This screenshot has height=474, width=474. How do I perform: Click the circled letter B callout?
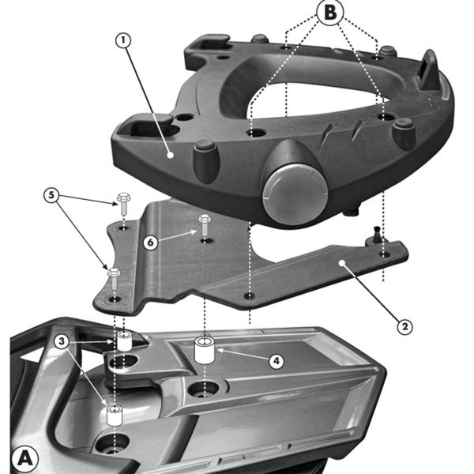330,12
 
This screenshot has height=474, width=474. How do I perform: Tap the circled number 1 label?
123,40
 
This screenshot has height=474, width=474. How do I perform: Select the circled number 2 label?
404,326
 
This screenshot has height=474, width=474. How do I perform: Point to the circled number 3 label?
62,341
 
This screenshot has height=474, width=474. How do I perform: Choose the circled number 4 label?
276,361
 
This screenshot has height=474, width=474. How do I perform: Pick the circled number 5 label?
51,195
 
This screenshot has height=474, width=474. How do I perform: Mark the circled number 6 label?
151,243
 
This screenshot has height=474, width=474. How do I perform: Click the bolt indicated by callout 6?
204,224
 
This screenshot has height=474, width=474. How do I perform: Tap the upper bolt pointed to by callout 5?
122,204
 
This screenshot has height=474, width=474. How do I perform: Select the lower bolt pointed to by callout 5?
114,278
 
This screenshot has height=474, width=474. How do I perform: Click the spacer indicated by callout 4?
205,351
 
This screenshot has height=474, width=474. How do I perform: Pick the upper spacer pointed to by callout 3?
124,341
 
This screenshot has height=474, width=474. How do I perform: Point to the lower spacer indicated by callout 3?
115,416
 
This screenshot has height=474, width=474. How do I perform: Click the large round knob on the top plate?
295,194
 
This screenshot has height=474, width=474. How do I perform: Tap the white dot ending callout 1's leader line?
171,155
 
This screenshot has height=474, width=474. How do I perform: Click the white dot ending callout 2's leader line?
341,263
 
